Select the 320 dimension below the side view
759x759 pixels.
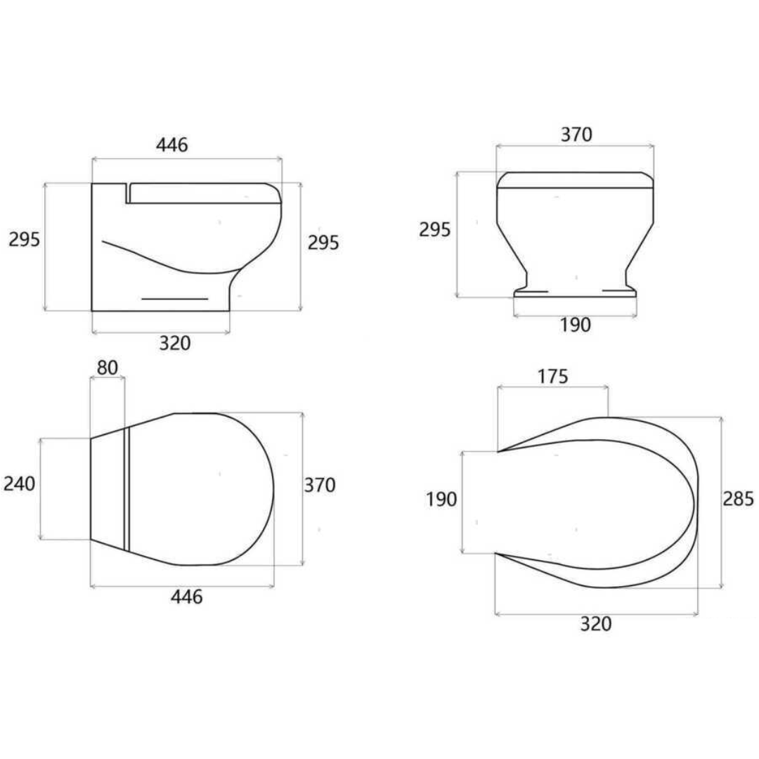point(174,343)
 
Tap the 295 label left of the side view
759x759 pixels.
point(24,239)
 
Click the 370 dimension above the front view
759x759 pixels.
point(576,134)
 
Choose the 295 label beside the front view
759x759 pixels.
point(434,230)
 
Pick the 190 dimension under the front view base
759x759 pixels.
point(575,325)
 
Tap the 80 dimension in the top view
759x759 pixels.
point(108,367)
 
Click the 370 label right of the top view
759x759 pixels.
point(320,485)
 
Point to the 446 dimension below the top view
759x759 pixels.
point(187,597)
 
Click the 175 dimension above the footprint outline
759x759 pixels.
point(552,376)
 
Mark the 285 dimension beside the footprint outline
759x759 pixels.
point(738,499)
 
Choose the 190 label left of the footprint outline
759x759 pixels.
point(441,500)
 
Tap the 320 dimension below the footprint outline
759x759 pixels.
point(596,623)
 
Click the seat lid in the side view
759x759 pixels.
point(204,193)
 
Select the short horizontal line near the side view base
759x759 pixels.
point(175,299)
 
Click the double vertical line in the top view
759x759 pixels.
point(127,488)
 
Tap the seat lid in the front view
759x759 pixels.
point(575,180)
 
